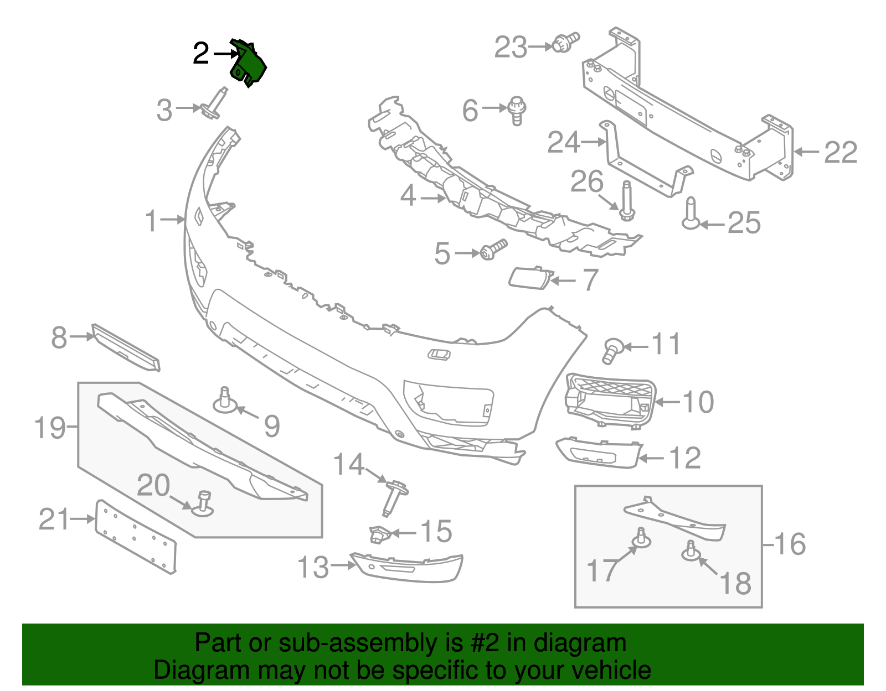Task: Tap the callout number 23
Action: (511, 48)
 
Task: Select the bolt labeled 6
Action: (517, 111)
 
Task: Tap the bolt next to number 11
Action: (612, 350)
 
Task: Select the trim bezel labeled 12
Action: (598, 452)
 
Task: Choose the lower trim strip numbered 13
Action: (407, 568)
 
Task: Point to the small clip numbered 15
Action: (380, 534)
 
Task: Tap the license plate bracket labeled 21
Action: (136, 536)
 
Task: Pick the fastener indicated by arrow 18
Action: (691, 550)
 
